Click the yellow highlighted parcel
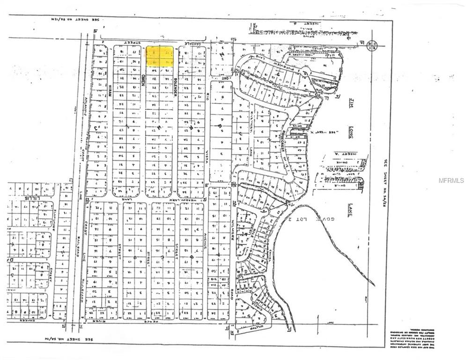click(x=160, y=56)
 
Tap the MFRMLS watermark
click(x=451, y=180)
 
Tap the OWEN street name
click(x=143, y=79)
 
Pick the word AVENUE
click(x=205, y=252)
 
